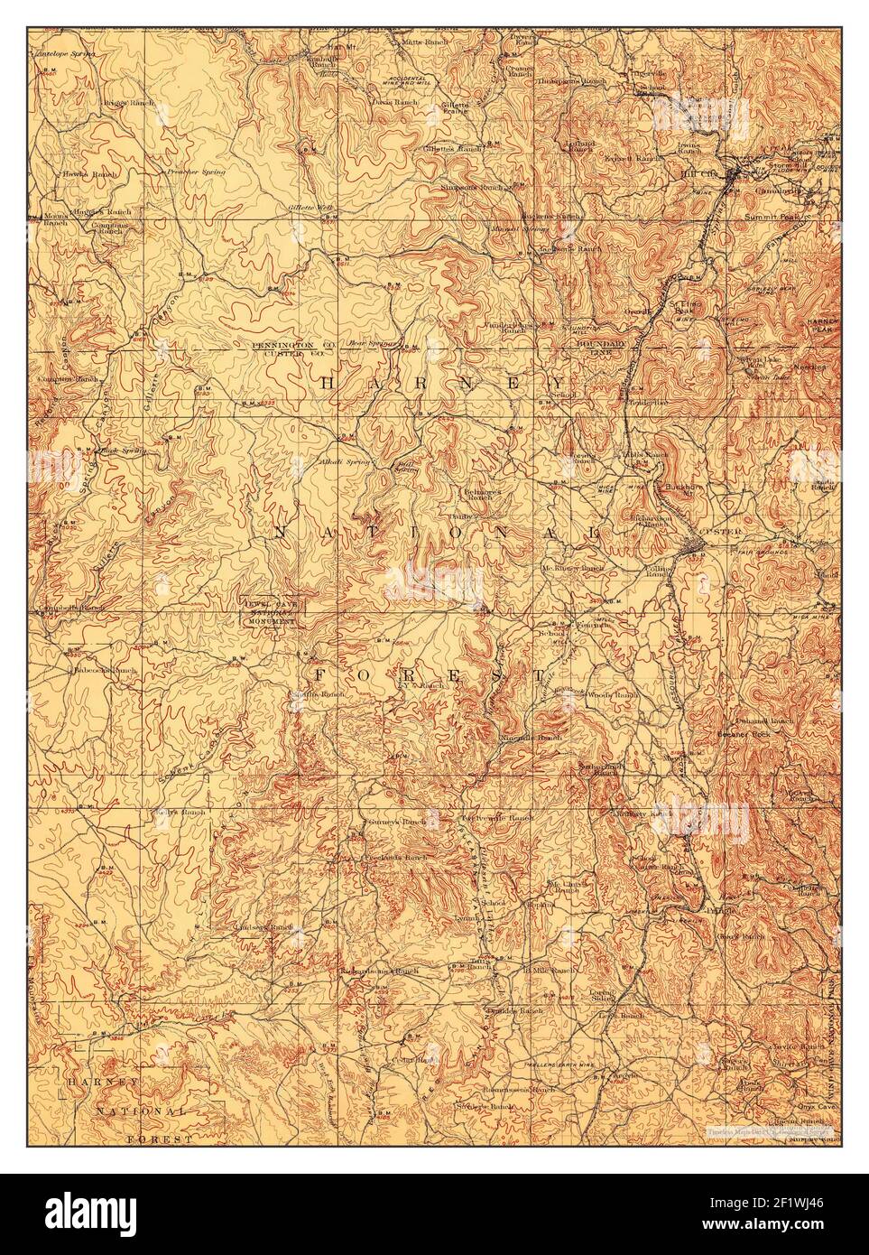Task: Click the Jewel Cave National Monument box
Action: [x=269, y=612]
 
